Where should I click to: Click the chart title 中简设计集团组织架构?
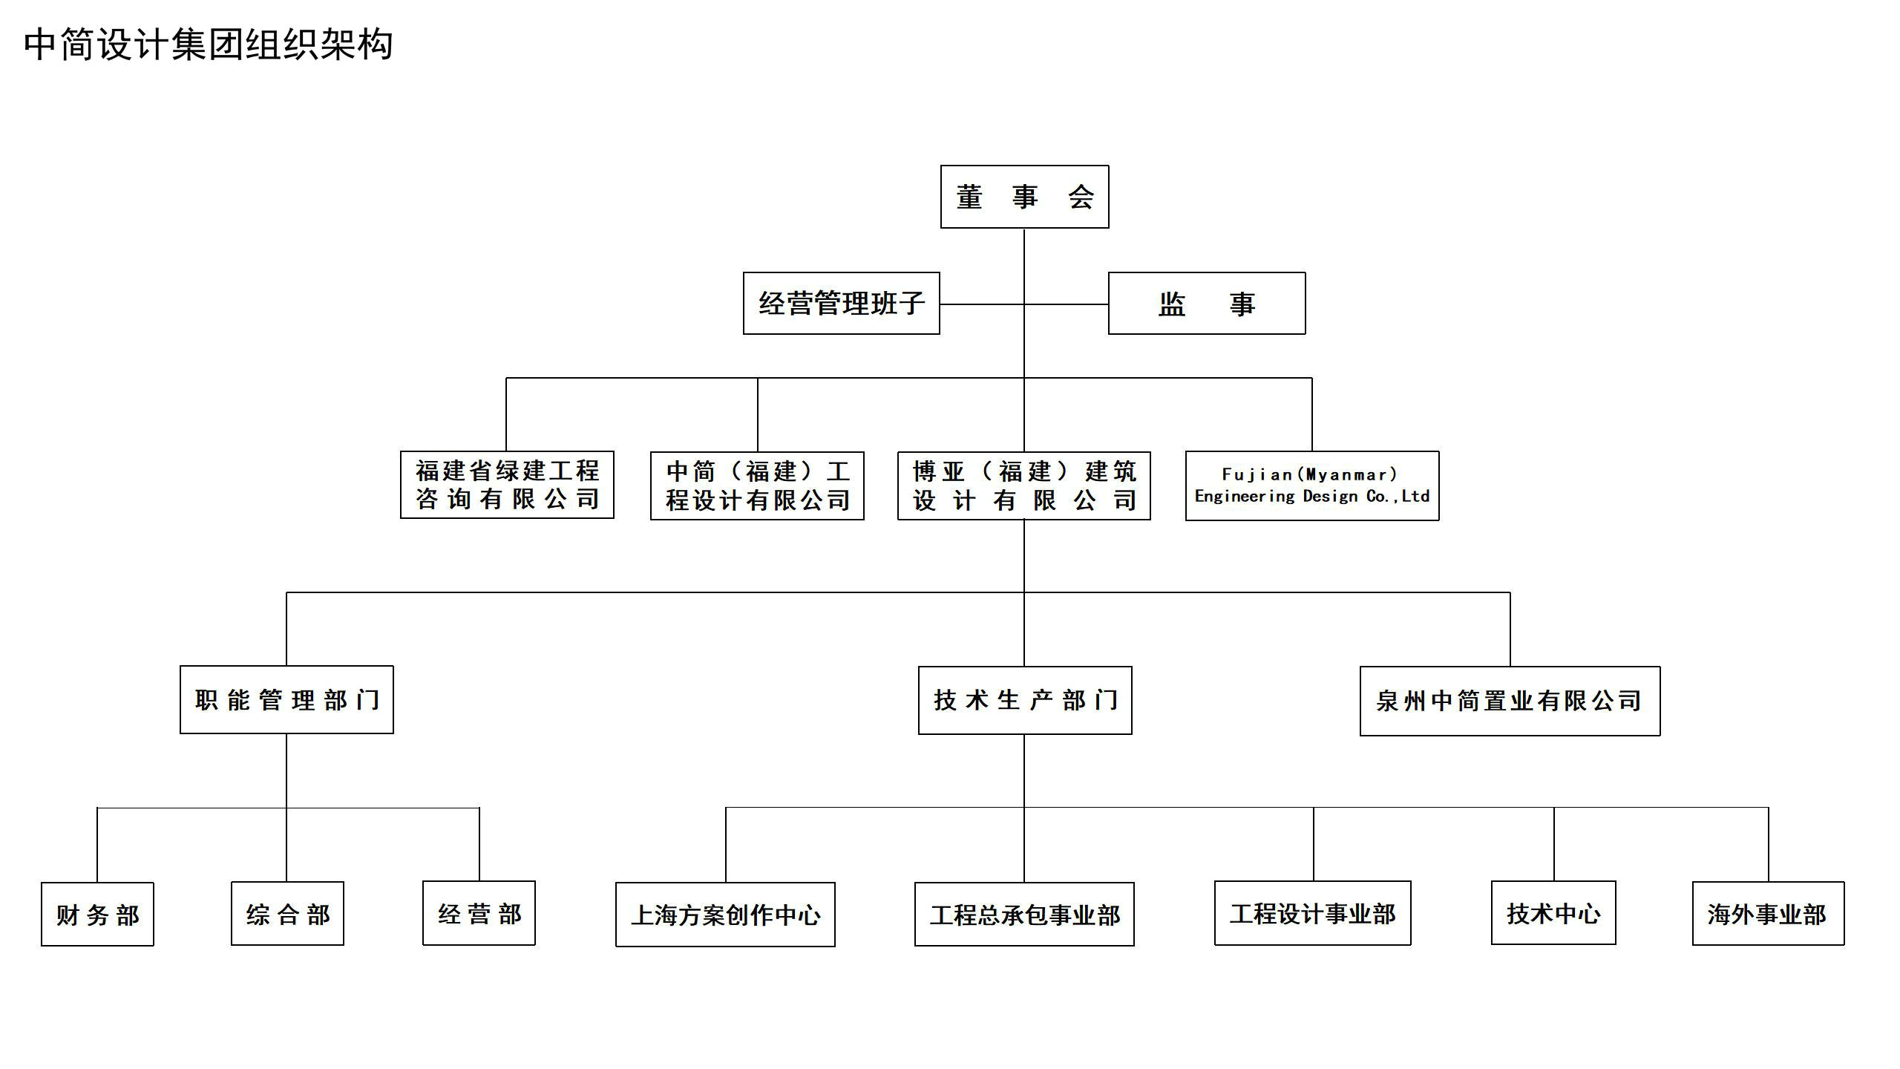point(209,45)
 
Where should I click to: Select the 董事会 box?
point(1024,197)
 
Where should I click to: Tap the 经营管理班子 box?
point(842,303)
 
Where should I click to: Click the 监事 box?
point(1207,303)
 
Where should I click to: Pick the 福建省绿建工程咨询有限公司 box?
point(507,485)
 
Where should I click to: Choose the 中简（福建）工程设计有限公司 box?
point(757,486)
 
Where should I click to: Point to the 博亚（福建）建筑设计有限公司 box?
point(1024,486)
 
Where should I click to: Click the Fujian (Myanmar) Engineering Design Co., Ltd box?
point(1312,486)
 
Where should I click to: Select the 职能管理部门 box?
point(286,699)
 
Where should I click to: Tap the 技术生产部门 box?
point(1025,700)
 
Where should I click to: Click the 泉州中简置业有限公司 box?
point(1510,701)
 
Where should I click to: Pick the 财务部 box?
point(97,914)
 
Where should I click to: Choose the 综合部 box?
point(287,913)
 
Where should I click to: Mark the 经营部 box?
point(479,913)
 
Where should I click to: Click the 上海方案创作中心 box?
point(725,915)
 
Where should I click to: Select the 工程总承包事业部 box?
point(1024,914)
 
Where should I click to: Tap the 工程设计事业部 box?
point(1312,913)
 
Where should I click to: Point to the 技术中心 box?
point(1553,913)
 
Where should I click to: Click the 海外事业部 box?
point(1768,913)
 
